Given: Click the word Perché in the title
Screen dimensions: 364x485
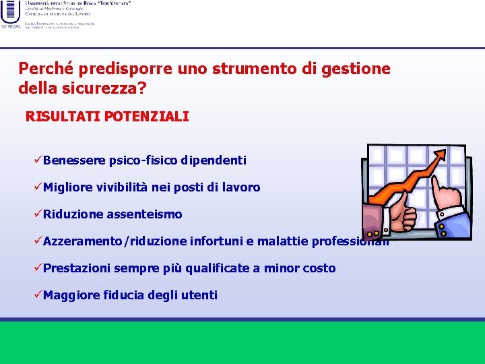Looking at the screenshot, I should point(46,69).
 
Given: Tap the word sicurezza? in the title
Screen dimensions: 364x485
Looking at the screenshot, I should point(121,89).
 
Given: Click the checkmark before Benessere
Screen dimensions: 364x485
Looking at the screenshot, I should point(38,160).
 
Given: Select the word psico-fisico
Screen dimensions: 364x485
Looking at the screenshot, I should point(143,160).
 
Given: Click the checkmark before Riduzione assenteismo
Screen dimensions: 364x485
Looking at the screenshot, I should point(38,214).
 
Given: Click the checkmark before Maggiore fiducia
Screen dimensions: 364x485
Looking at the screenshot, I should point(38,295).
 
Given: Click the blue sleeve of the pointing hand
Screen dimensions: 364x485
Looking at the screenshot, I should point(457,226).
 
